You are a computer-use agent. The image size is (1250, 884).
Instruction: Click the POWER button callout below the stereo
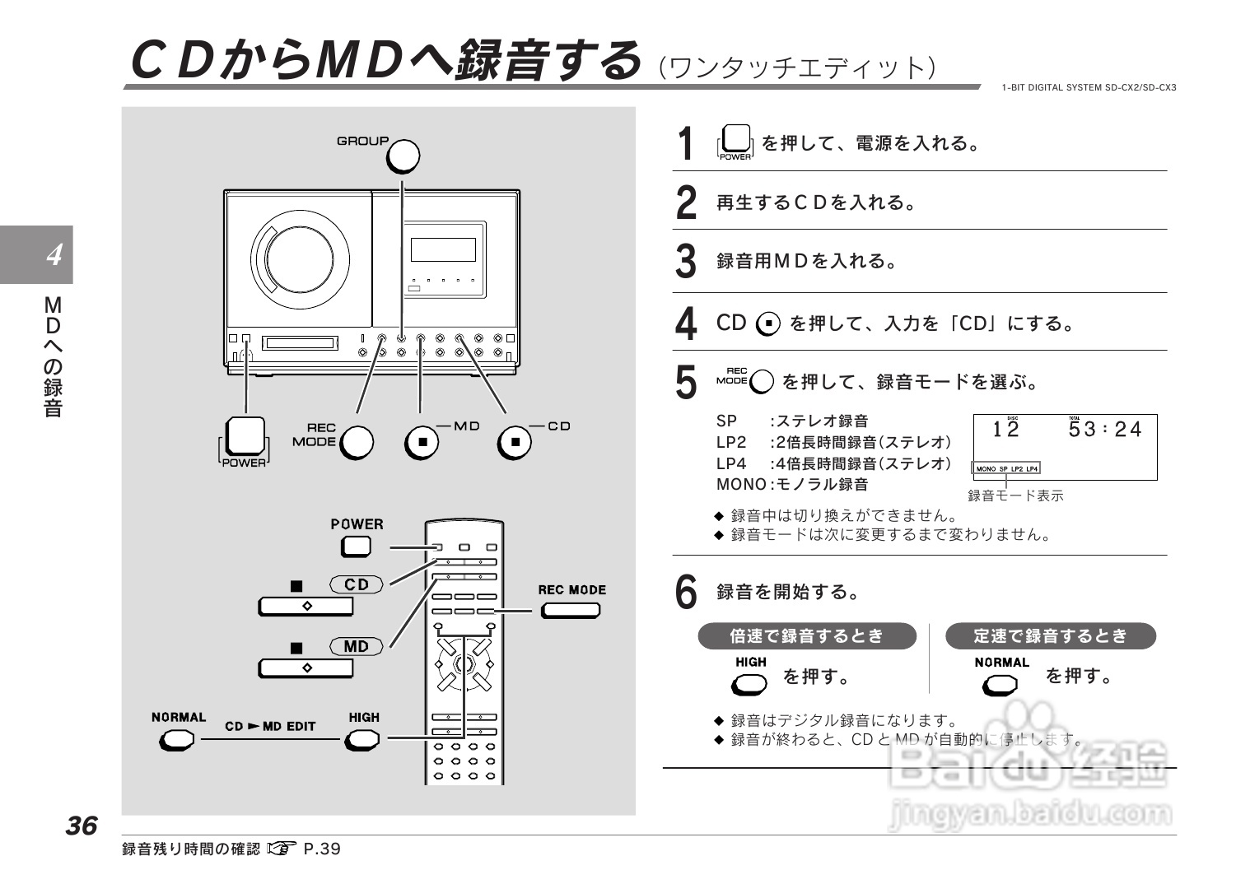245,437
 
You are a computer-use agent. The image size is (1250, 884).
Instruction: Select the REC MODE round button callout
357,442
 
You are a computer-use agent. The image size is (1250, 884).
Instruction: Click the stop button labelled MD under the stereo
422,442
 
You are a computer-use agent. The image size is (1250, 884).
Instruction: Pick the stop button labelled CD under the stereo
515,442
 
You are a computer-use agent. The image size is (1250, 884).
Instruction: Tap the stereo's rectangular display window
443,249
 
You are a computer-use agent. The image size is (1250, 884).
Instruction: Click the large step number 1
684,144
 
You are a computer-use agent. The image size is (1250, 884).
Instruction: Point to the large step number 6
685,592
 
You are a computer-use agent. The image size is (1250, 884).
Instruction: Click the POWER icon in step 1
735,141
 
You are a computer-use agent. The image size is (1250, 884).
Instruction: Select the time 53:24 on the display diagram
1104,430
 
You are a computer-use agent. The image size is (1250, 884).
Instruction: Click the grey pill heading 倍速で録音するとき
806,636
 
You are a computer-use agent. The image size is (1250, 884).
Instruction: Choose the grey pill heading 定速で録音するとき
1050,636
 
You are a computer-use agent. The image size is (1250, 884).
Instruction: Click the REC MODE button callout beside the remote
570,610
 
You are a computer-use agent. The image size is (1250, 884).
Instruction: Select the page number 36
82,826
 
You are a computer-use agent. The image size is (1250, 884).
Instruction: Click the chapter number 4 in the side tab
54,255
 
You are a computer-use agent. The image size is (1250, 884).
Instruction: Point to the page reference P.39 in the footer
322,849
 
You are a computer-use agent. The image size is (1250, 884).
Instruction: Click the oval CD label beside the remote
357,584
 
